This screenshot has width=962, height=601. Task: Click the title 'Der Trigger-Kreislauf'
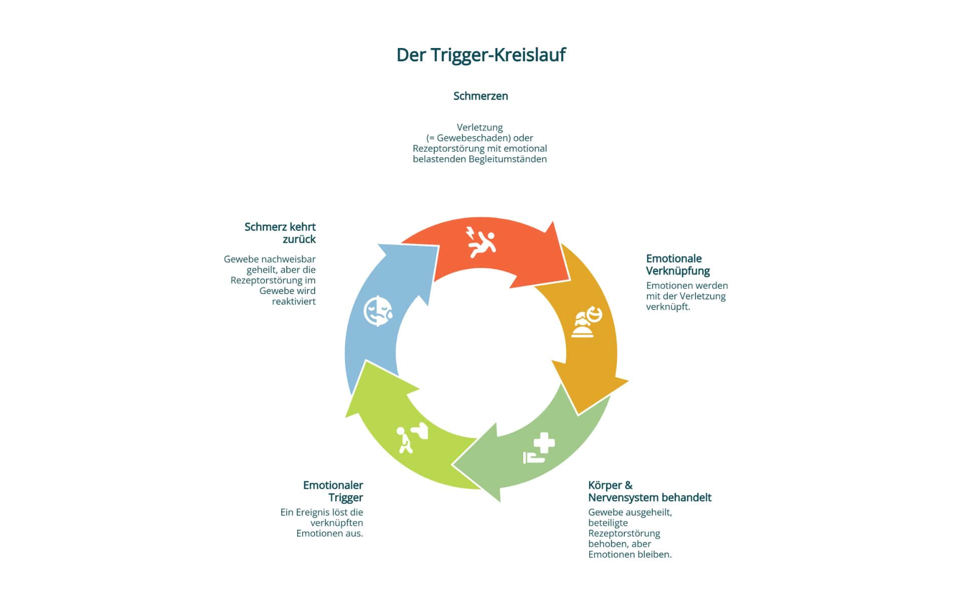480,55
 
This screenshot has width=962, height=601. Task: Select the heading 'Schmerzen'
480,96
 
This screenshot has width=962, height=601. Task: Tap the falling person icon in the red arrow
481,242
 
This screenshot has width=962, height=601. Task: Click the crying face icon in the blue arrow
378,312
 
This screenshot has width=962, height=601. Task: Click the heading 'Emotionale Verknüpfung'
677,264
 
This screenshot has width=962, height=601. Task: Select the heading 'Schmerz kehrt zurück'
280,233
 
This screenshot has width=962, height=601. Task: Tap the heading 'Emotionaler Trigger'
333,491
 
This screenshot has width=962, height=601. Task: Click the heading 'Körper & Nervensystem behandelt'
649,491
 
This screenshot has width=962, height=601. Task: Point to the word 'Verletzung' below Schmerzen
479,127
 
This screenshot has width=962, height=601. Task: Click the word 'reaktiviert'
294,302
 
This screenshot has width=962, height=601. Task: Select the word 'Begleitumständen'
508,159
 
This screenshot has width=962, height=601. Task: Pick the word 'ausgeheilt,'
646,512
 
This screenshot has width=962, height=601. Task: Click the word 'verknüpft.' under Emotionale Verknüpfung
668,307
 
